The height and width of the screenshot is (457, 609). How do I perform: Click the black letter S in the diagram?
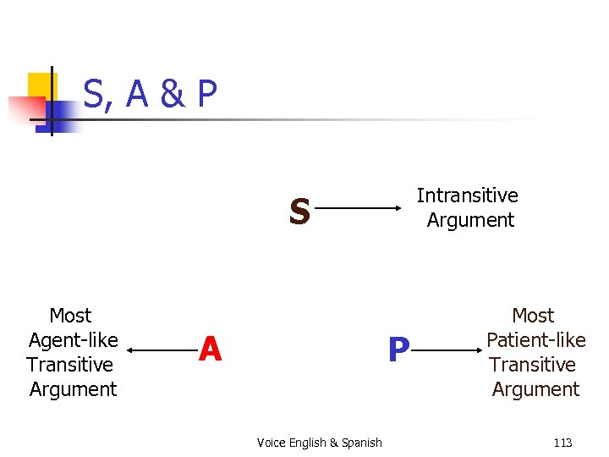[299, 212]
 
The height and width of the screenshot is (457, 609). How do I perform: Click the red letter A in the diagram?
[210, 349]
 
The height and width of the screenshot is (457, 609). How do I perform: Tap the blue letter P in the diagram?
[398, 350]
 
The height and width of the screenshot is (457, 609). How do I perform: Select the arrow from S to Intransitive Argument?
[360, 206]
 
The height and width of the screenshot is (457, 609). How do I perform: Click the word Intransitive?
[467, 195]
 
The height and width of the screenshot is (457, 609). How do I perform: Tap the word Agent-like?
[73, 340]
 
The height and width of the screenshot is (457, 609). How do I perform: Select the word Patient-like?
[535, 340]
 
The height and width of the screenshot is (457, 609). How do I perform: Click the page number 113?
[562, 443]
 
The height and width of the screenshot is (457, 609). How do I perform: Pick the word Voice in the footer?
[271, 443]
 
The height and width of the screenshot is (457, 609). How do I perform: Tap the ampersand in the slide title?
[172, 96]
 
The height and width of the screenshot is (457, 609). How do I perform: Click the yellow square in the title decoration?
[42, 85]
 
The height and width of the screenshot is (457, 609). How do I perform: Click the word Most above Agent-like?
[70, 316]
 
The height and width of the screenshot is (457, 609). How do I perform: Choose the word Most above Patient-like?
[533, 316]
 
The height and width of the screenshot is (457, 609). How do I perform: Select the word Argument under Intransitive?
[470, 220]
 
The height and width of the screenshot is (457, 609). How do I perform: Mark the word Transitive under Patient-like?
[533, 365]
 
